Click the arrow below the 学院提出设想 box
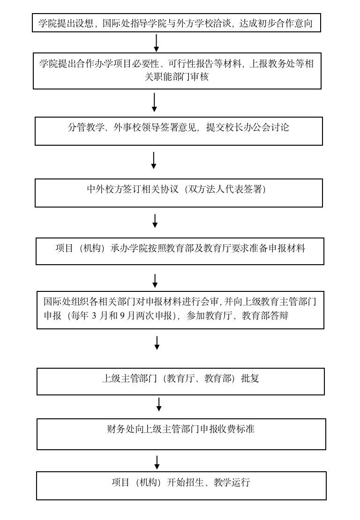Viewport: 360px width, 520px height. pos(156,43)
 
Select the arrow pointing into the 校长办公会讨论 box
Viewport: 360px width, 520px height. pos(154,103)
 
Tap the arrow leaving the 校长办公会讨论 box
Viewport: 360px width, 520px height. pos(154,161)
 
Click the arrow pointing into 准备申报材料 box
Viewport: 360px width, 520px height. pos(155,221)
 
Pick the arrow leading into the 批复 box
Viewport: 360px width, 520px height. pos(157,343)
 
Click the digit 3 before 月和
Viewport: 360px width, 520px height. pos(94,316)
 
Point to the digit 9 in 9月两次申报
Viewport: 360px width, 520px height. pos(122,316)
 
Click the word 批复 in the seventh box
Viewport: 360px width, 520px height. pos(250,379)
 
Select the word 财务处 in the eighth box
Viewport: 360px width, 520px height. pos(121,429)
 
